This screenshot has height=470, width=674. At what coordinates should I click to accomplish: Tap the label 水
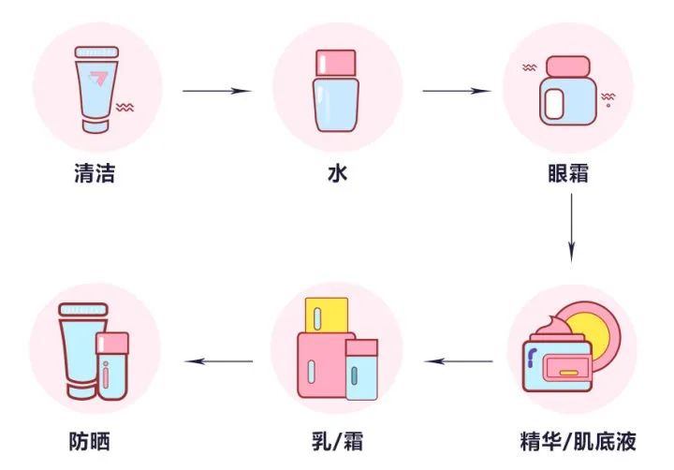click(337, 174)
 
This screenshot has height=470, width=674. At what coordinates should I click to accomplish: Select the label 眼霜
click(568, 174)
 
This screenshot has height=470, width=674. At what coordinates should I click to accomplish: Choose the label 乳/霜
click(336, 441)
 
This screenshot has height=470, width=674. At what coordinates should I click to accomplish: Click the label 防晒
click(95, 441)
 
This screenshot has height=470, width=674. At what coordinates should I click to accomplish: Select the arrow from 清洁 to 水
click(217, 91)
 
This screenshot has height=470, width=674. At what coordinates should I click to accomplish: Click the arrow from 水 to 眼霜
click(458, 91)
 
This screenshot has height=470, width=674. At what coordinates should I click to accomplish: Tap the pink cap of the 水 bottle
click(336, 62)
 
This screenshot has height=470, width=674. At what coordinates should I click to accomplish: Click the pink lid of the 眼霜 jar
click(568, 66)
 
